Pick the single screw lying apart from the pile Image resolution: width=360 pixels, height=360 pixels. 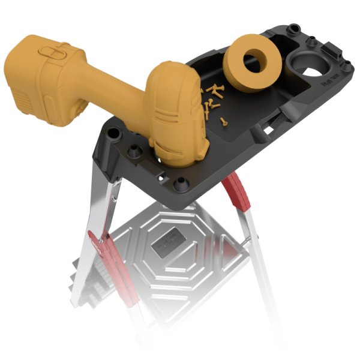pos(224,121)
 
